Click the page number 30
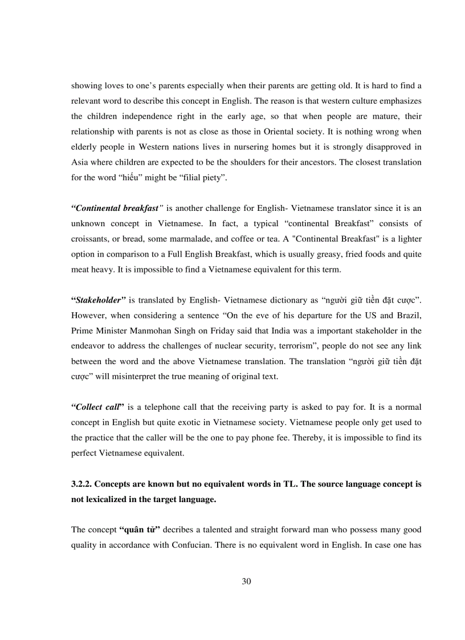click(x=246, y=581)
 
